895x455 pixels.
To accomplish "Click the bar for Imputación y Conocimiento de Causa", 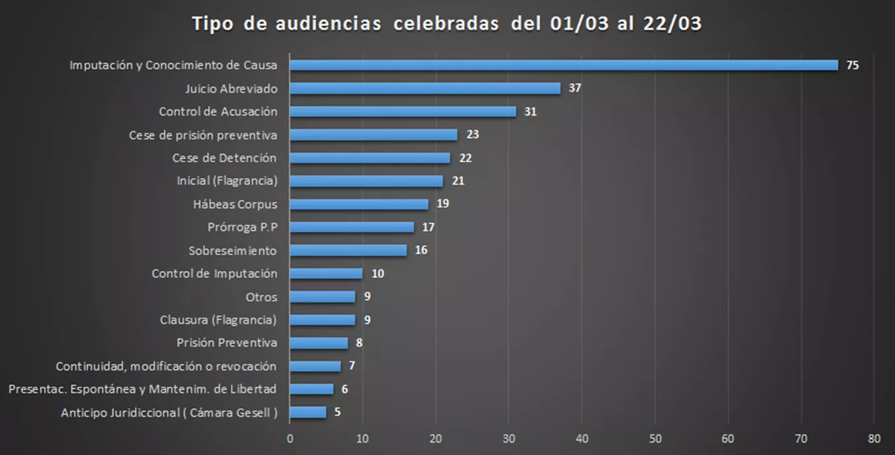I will click(564, 65).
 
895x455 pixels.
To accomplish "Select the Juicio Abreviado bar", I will click(425, 88).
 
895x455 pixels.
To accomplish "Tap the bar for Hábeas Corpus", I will click(359, 203).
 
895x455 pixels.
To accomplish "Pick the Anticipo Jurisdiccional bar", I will click(308, 412).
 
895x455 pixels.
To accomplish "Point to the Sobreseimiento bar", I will click(348, 250).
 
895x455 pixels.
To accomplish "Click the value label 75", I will click(853, 65).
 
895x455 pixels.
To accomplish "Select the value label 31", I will click(530, 112).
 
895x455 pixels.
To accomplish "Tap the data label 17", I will click(428, 227).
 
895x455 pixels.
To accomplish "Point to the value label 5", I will click(338, 412).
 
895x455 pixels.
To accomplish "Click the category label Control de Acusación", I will click(218, 112).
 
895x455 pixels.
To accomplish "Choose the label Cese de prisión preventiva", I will click(202, 135).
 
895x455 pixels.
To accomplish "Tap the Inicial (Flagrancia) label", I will click(227, 181).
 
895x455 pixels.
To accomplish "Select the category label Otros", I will click(261, 297).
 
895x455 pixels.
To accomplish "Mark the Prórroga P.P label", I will click(242, 227).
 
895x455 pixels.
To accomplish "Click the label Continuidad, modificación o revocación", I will click(166, 366).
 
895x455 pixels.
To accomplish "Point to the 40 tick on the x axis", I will click(582, 437).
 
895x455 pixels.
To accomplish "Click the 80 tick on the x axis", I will click(874, 437).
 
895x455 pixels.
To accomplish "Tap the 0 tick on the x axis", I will click(290, 437).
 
